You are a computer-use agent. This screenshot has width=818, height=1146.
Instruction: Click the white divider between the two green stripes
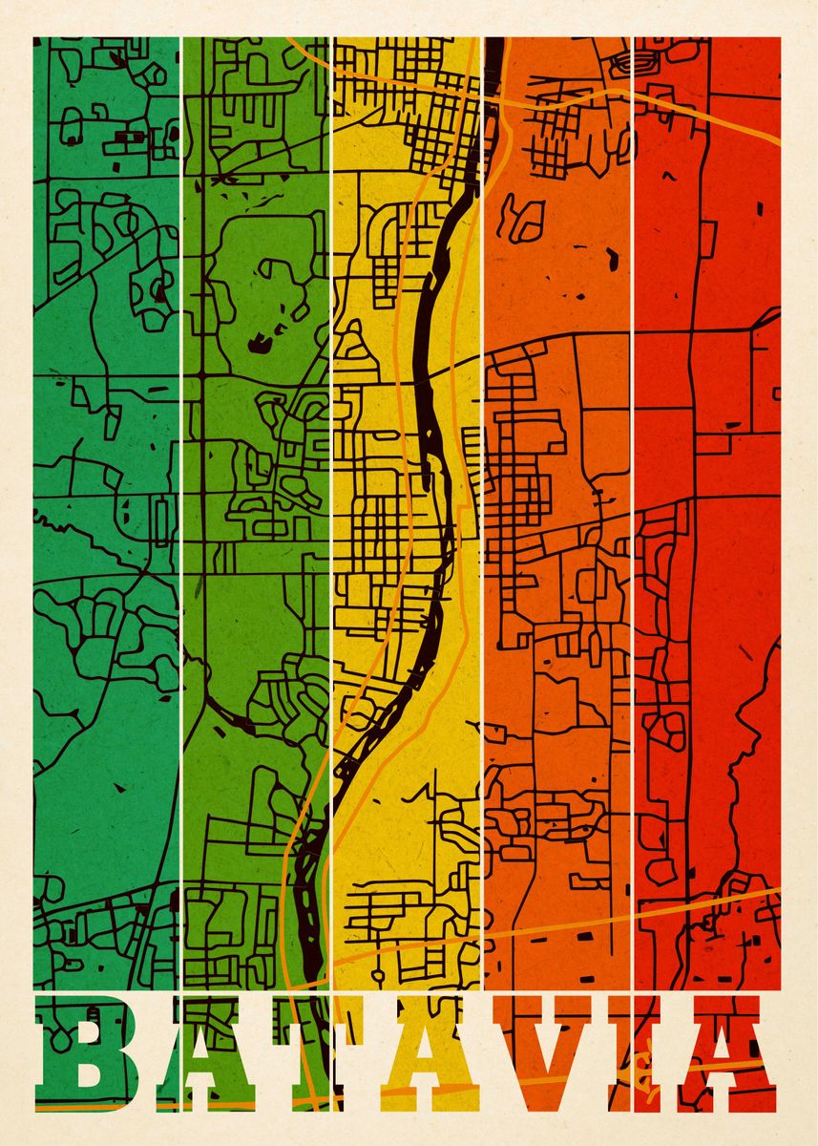click(181, 477)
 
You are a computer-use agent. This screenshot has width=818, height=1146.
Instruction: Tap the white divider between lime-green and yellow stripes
click(331, 477)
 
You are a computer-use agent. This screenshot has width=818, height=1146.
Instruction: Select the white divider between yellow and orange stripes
click(483, 477)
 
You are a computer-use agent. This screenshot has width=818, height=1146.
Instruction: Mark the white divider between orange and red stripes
click(634, 477)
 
